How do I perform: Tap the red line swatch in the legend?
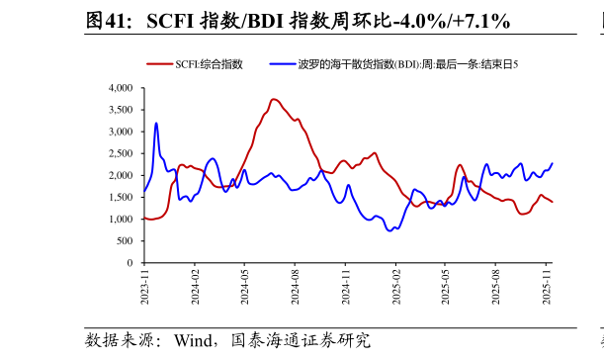(x=159, y=64)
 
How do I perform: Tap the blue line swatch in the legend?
(x=282, y=64)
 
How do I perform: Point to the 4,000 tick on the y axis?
(x=119, y=88)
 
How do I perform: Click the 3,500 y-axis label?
(x=119, y=110)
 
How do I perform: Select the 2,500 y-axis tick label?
(x=119, y=153)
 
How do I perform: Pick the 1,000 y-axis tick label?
(x=119, y=220)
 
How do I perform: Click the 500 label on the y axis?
(x=124, y=241)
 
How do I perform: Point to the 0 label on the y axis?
(x=129, y=263)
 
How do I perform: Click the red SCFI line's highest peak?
(x=274, y=99)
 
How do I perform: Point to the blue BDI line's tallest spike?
(x=156, y=124)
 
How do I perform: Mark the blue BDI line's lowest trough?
(x=390, y=230)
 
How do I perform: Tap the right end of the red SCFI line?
(x=552, y=203)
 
